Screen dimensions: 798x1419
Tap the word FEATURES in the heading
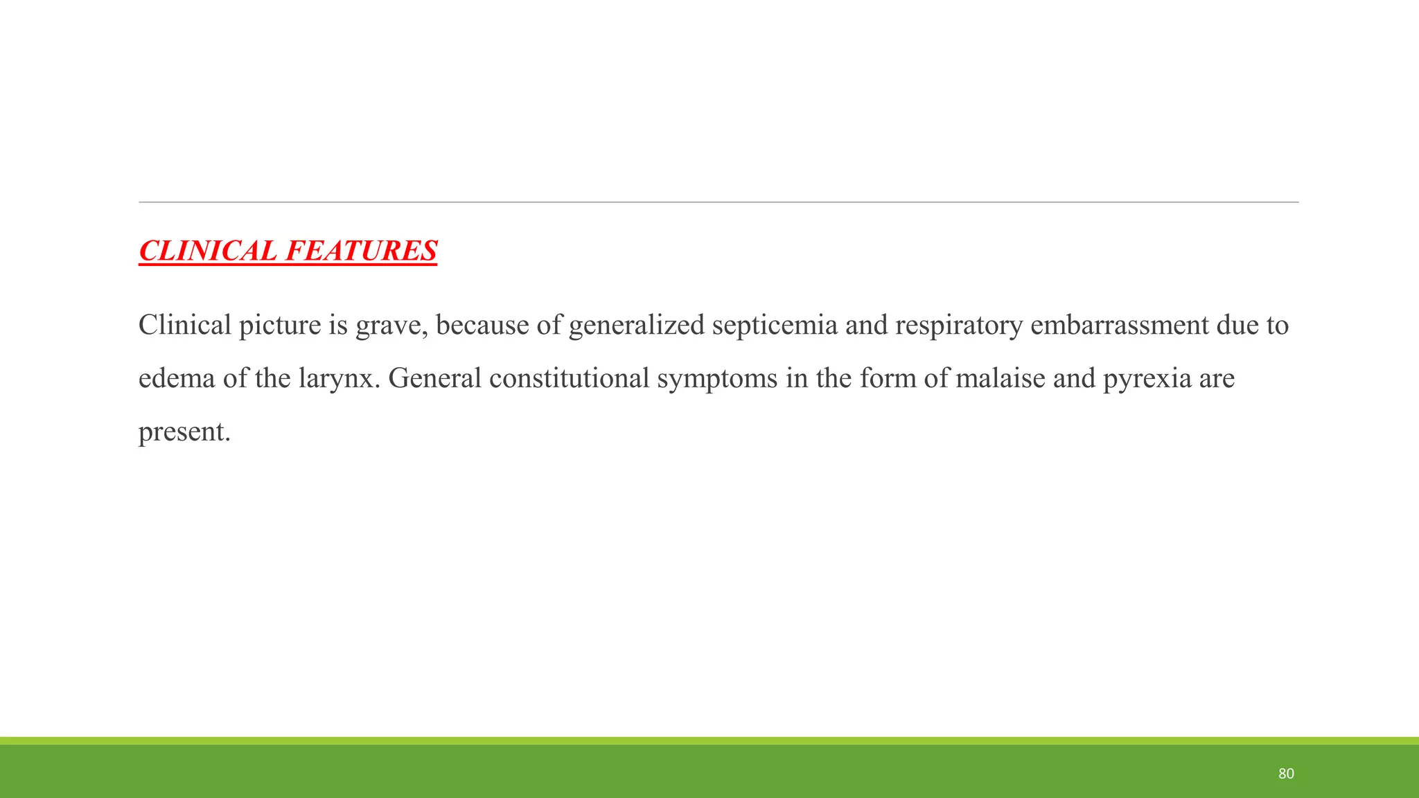point(361,251)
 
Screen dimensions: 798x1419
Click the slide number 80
point(1286,774)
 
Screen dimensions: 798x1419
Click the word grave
point(391,325)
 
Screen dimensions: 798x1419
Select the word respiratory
point(959,325)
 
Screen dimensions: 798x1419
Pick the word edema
point(177,378)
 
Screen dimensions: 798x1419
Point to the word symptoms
point(717,378)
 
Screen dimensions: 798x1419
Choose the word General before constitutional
point(434,378)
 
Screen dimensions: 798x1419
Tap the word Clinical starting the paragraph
point(185,325)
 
